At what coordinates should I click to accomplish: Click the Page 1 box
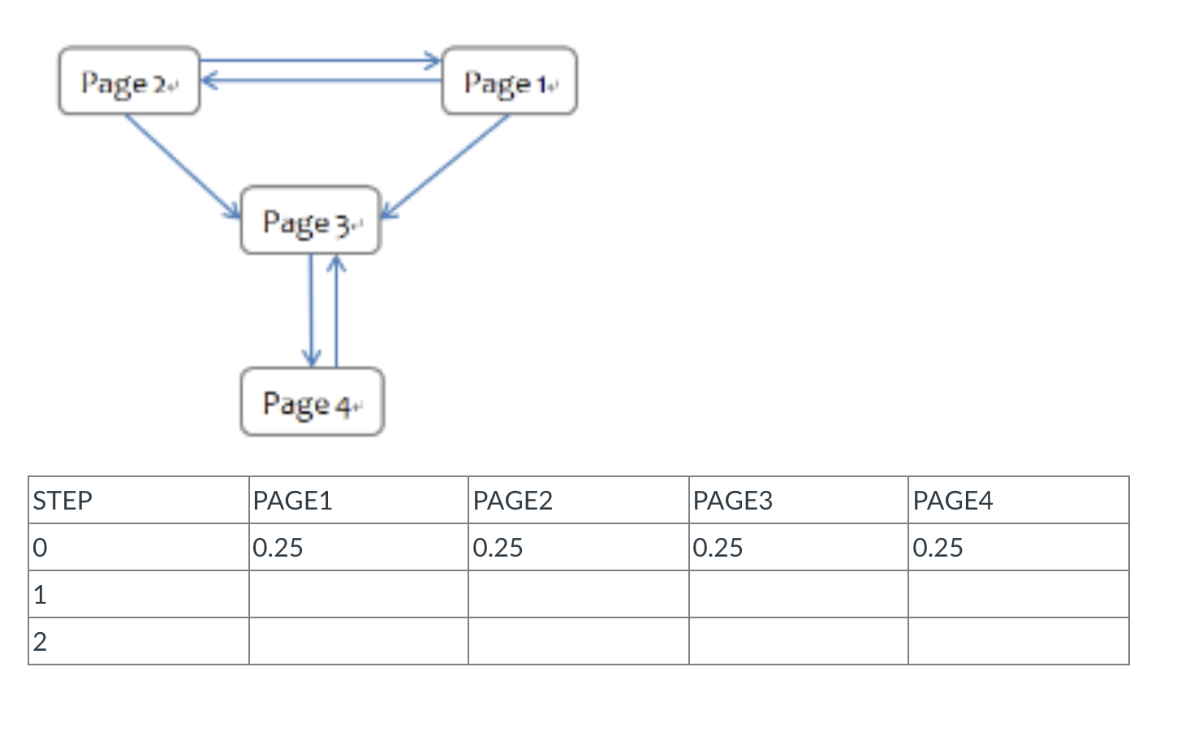point(509,81)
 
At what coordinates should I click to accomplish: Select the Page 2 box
point(128,81)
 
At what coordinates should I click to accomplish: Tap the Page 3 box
point(310,221)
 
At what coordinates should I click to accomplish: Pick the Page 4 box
point(312,402)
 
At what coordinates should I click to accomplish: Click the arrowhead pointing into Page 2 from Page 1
point(208,80)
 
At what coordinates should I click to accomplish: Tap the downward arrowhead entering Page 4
point(311,358)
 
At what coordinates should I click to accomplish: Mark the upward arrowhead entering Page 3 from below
point(336,264)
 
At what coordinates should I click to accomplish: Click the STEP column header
point(63,501)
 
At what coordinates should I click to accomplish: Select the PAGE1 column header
point(292,501)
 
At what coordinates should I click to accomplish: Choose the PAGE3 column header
point(732,501)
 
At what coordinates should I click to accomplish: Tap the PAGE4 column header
point(952,501)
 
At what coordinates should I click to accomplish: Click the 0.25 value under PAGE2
point(498,548)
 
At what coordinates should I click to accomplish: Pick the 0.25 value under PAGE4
point(938,548)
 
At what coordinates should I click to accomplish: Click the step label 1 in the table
point(40,595)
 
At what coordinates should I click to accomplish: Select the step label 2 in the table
point(40,642)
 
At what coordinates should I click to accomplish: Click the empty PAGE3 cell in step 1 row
point(798,595)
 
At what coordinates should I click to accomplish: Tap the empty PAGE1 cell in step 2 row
point(358,642)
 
